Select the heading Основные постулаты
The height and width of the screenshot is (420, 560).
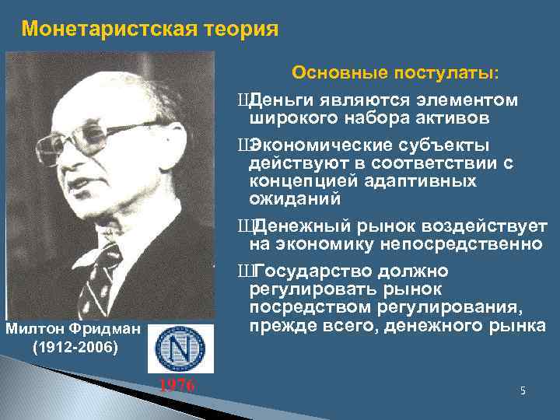coord(396,73)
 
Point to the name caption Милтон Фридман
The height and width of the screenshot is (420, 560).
coord(74,329)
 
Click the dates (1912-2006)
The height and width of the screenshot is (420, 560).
coord(74,347)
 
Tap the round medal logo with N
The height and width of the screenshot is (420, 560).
coord(180,348)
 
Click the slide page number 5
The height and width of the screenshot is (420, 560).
coord(523,390)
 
